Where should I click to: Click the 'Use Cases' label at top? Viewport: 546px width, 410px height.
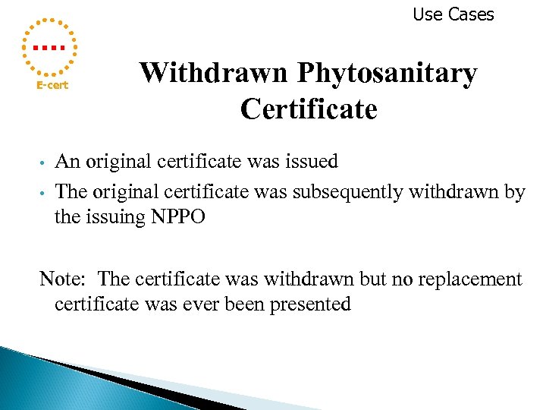(x=453, y=14)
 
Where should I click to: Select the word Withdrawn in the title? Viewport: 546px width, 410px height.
(x=214, y=74)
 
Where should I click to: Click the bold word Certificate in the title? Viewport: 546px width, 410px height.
(x=309, y=109)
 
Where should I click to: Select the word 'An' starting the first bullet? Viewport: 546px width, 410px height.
(x=67, y=162)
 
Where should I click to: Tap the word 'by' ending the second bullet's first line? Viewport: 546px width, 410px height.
(x=515, y=192)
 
